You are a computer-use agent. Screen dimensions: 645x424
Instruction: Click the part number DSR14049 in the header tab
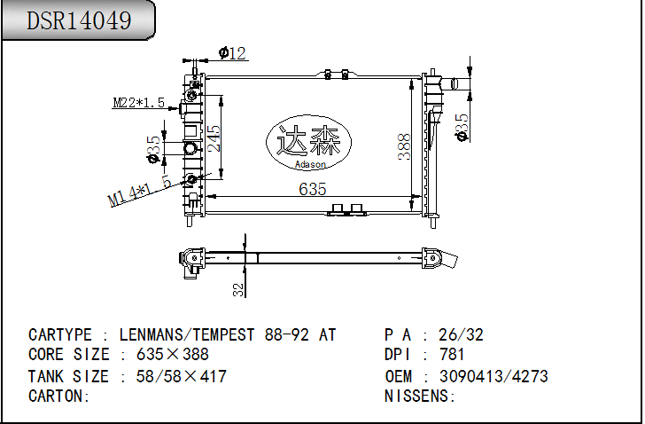pyautogui.click(x=79, y=20)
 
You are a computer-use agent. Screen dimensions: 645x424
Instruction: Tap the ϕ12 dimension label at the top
pyautogui.click(x=232, y=53)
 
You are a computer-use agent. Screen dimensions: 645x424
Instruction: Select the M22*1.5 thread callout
pyautogui.click(x=138, y=102)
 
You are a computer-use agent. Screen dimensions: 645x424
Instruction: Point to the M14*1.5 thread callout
pyautogui.click(x=139, y=191)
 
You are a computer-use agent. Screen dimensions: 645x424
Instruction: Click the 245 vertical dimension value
pyautogui.click(x=214, y=138)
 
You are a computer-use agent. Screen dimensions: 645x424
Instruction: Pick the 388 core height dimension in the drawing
pyautogui.click(x=404, y=146)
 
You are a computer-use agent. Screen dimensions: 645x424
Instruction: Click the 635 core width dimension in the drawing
pyautogui.click(x=313, y=189)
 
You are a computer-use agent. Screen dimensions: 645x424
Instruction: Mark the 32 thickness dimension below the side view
pyautogui.click(x=238, y=289)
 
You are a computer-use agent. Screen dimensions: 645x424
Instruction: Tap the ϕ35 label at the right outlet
pyautogui.click(x=462, y=127)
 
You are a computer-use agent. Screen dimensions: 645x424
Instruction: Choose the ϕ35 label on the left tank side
pyautogui.click(x=153, y=149)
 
